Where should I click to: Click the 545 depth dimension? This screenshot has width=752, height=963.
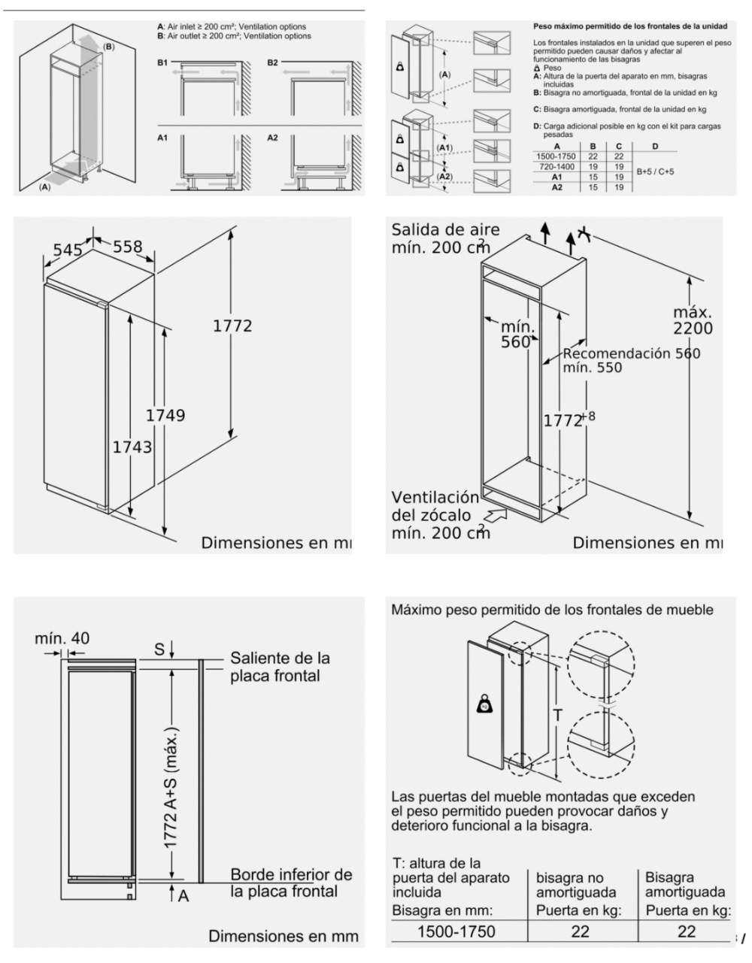(x=67, y=249)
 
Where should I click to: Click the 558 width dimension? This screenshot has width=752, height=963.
(x=127, y=247)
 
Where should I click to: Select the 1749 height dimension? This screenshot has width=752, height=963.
(x=165, y=415)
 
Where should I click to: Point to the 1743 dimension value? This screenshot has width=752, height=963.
(x=132, y=447)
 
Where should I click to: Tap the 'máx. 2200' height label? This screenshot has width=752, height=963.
(x=693, y=319)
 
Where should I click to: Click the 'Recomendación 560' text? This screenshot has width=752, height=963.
(x=631, y=353)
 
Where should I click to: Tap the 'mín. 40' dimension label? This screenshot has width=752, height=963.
(x=62, y=638)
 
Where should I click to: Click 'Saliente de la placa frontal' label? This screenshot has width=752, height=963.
(x=280, y=667)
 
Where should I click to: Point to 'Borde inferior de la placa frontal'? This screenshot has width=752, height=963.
(x=290, y=883)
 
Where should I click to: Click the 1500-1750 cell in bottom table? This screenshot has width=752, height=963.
(x=456, y=931)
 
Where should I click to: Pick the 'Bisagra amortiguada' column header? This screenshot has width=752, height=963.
(x=685, y=885)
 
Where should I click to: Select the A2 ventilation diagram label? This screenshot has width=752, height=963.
(x=272, y=138)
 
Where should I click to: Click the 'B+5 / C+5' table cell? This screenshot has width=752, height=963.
(x=654, y=171)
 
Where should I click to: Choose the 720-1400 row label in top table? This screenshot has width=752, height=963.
(x=556, y=166)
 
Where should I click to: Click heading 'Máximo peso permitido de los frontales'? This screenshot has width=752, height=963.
(x=552, y=610)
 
